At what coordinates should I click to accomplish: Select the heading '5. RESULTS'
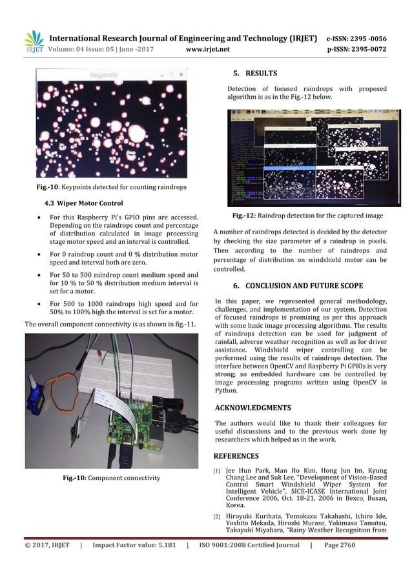pos(255,73)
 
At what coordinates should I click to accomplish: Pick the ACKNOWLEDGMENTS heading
pos(252,408)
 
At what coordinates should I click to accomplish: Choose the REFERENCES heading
pos(236,456)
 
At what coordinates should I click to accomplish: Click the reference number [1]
pos(218,472)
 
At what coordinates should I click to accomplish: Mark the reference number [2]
pos(218,517)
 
